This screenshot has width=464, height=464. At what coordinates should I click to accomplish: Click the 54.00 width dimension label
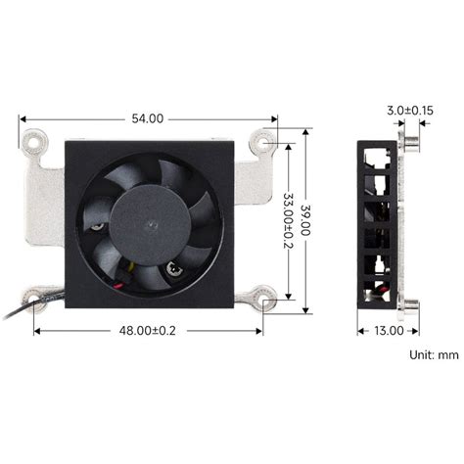147,118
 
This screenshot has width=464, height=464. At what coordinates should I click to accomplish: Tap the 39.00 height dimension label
306,220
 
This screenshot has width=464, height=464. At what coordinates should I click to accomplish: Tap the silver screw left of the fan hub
99,227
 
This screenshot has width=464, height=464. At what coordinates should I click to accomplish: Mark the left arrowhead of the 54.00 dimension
23,118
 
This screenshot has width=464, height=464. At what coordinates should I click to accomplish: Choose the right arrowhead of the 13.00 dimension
411,331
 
